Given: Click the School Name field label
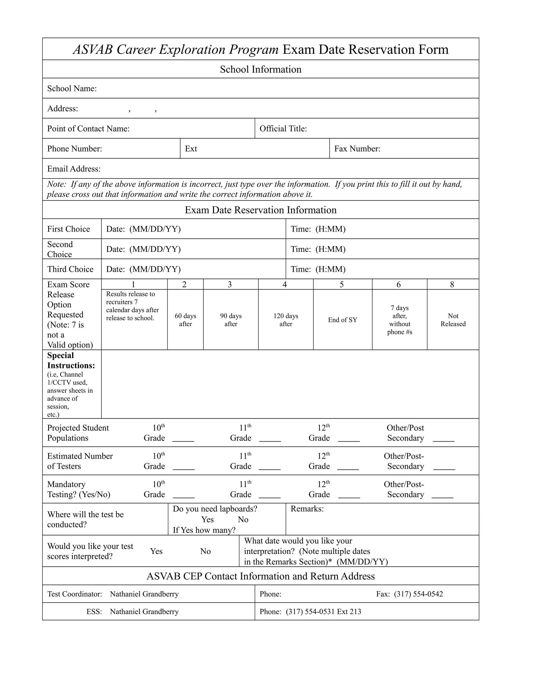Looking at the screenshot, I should tap(72, 89).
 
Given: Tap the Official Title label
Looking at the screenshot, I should tap(283, 129).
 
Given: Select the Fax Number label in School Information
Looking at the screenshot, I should tap(357, 149).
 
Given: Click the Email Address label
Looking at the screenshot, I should tap(74, 169).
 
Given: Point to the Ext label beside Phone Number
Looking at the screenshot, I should tap(191, 149).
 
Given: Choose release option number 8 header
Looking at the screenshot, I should tap(452, 285).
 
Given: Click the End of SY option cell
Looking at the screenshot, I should tap(342, 320).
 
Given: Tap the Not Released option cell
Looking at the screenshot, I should tap(453, 320).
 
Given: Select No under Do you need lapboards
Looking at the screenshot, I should tap(243, 520).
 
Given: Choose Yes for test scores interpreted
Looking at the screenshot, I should tap(156, 551).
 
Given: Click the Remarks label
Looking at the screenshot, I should tap(307, 509).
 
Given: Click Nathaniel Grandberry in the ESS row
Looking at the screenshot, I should tap(144, 612).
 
